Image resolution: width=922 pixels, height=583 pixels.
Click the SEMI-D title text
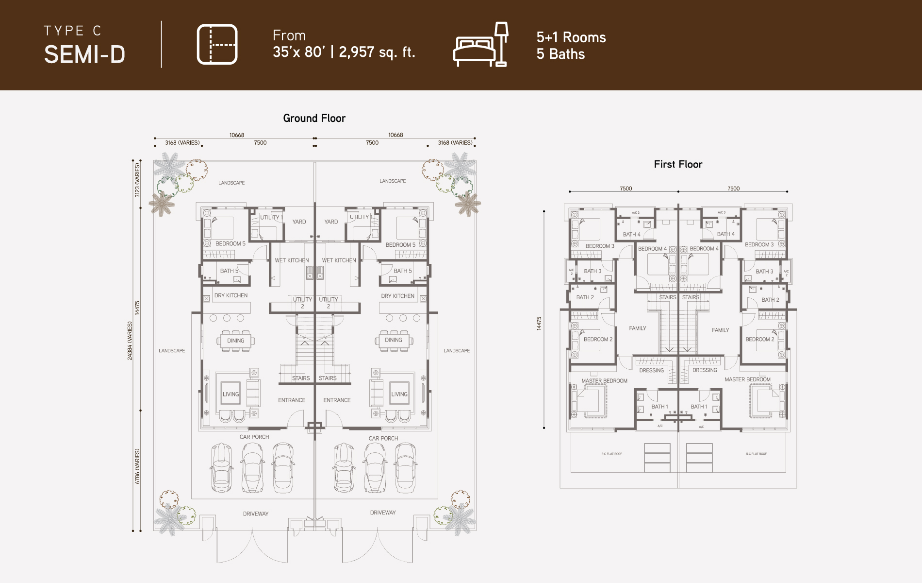[84, 54]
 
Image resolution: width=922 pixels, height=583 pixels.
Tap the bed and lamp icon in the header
[481, 44]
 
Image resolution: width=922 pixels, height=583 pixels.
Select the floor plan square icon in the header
[217, 44]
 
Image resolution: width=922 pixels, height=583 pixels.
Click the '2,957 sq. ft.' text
[377, 52]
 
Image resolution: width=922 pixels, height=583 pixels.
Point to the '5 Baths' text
[560, 54]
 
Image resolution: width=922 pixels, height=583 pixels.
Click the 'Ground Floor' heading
[314, 118]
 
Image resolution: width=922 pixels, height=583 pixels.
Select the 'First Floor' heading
[678, 164]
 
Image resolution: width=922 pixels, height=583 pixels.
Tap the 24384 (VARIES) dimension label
[130, 340]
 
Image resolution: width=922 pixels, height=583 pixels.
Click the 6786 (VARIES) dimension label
[137, 466]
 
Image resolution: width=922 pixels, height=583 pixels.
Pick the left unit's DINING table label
[236, 341]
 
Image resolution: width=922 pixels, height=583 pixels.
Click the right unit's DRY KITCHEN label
[397, 296]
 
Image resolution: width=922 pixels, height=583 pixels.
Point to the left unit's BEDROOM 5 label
[230, 244]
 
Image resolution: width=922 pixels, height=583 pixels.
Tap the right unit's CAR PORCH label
[383, 438]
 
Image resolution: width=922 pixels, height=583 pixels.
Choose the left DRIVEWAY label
[255, 514]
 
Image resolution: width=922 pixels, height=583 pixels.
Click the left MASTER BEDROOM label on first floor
[604, 381]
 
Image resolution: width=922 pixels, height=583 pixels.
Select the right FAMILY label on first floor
[720, 330]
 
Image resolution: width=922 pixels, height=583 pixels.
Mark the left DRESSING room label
[651, 370]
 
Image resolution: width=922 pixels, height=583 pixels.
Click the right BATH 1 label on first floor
[699, 407]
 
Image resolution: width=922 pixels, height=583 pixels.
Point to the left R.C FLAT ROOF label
[611, 454]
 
